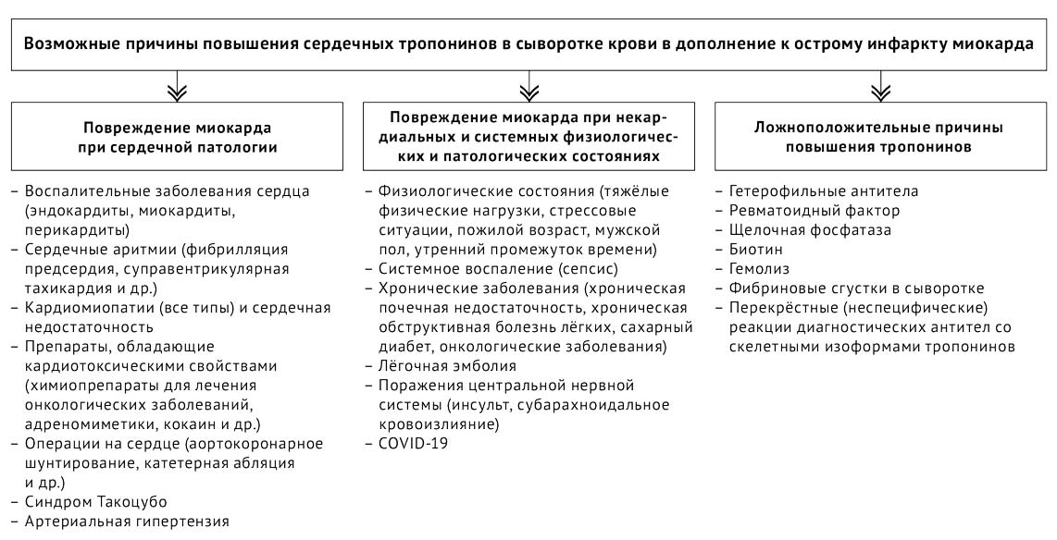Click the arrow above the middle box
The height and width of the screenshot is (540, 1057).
[x=528, y=89]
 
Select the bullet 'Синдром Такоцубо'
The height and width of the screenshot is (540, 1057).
[x=88, y=501]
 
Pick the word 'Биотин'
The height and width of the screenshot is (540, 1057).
[x=753, y=250]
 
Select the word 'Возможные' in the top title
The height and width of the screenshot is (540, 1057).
[x=68, y=43]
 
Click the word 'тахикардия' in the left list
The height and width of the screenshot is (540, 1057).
[x=67, y=288]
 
